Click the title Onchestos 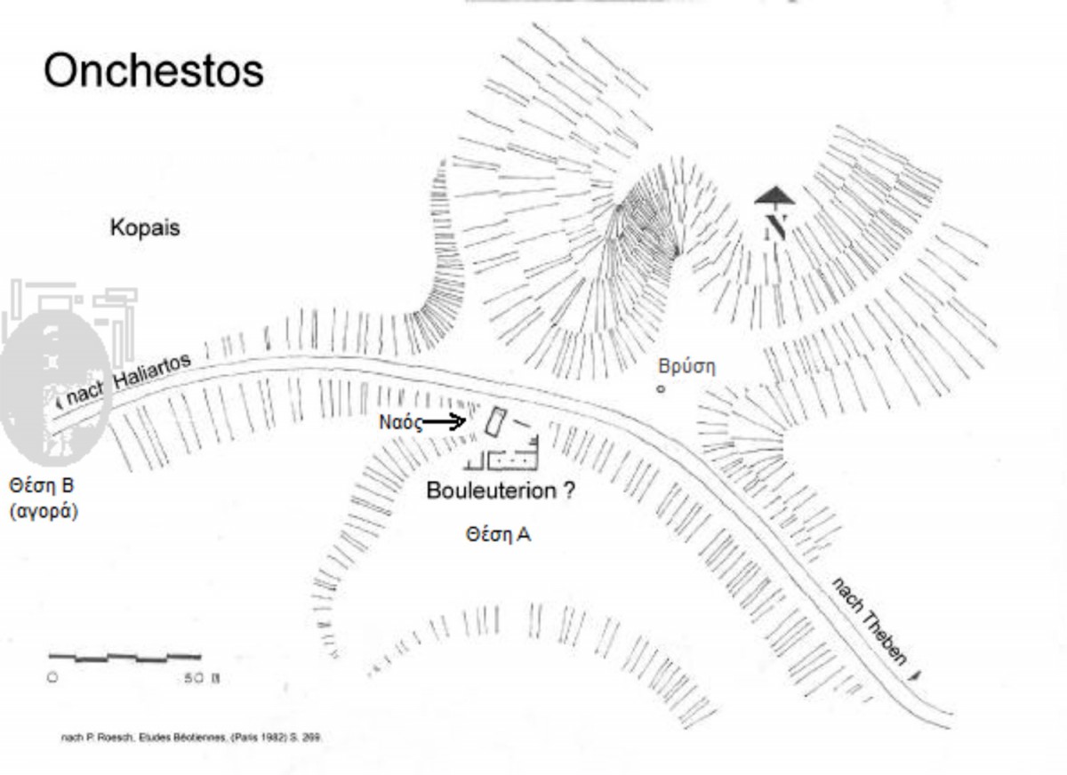154,70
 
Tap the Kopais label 145,228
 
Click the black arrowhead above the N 774,196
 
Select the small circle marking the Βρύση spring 661,388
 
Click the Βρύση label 686,366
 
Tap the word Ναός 400,422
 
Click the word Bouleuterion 492,491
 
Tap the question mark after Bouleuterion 568,491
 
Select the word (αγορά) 44,511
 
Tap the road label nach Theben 870,621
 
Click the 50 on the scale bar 194,678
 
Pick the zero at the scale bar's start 52,678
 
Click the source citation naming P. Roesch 191,738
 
